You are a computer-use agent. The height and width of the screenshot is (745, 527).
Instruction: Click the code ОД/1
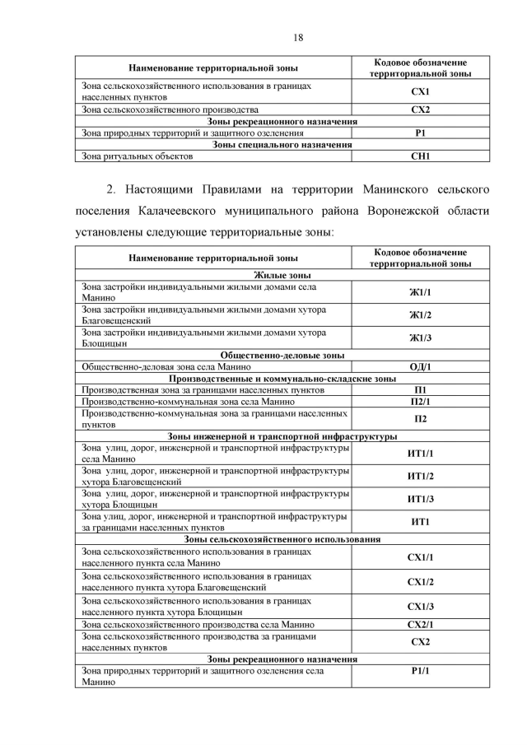(420, 366)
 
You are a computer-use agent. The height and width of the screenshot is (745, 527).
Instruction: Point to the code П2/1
(420, 401)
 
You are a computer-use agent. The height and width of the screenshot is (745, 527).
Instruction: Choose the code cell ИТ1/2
(420, 476)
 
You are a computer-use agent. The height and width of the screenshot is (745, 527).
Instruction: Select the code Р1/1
(420, 671)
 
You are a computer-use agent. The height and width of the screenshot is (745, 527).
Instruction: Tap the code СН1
(420, 156)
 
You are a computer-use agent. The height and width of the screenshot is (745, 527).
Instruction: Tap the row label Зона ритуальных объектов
(137, 156)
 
